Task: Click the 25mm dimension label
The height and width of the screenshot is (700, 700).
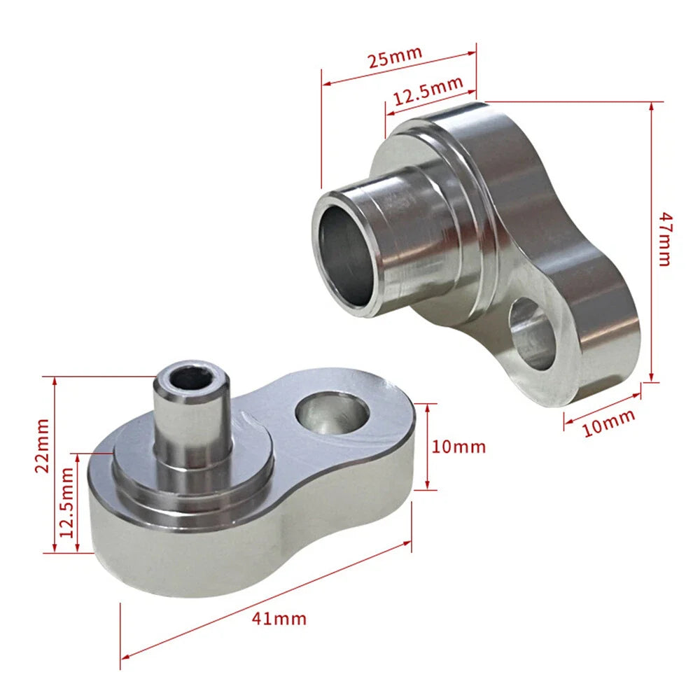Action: point(395,57)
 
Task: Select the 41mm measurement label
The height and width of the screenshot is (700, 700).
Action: point(279,619)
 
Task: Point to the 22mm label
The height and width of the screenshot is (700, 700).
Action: point(42,445)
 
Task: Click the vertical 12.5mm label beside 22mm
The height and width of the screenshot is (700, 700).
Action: point(66,503)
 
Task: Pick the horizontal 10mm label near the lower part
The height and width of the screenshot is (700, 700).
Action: point(459,447)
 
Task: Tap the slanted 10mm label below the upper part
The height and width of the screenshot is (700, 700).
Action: point(608,422)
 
